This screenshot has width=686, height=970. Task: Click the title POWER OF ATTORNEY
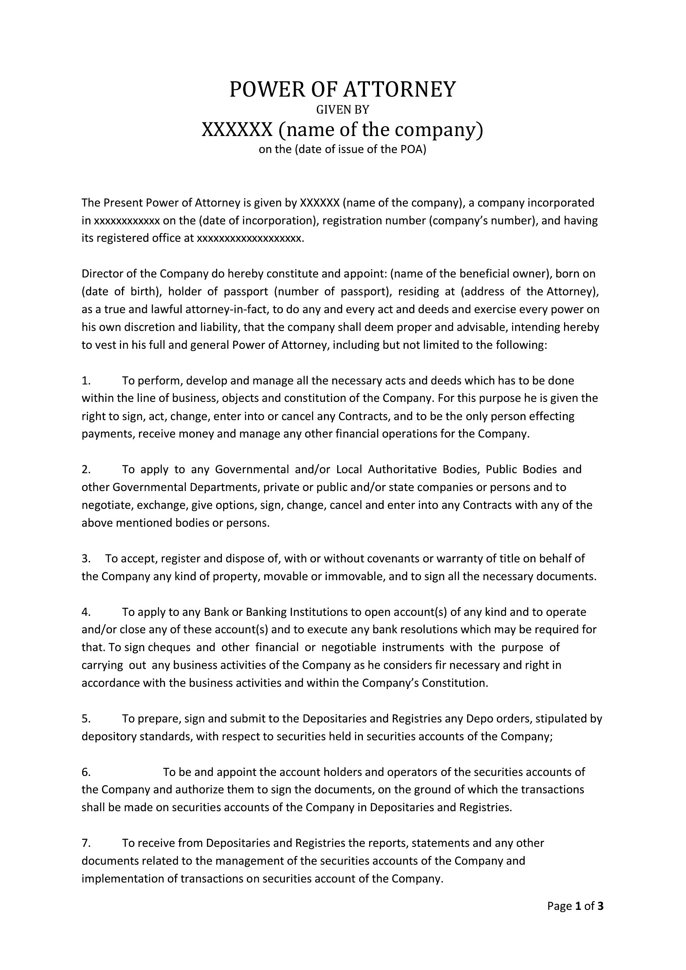pos(343,90)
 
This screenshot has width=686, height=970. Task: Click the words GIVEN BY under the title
pos(343,110)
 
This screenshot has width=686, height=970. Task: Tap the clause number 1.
pos(86,381)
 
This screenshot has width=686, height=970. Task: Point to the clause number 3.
pos(86,559)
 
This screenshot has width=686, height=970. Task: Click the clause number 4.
pos(86,612)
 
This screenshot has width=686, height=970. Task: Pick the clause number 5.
pos(86,719)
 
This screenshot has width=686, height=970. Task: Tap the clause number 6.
pos(86,772)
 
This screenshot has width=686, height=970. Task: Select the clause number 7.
pos(86,843)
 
